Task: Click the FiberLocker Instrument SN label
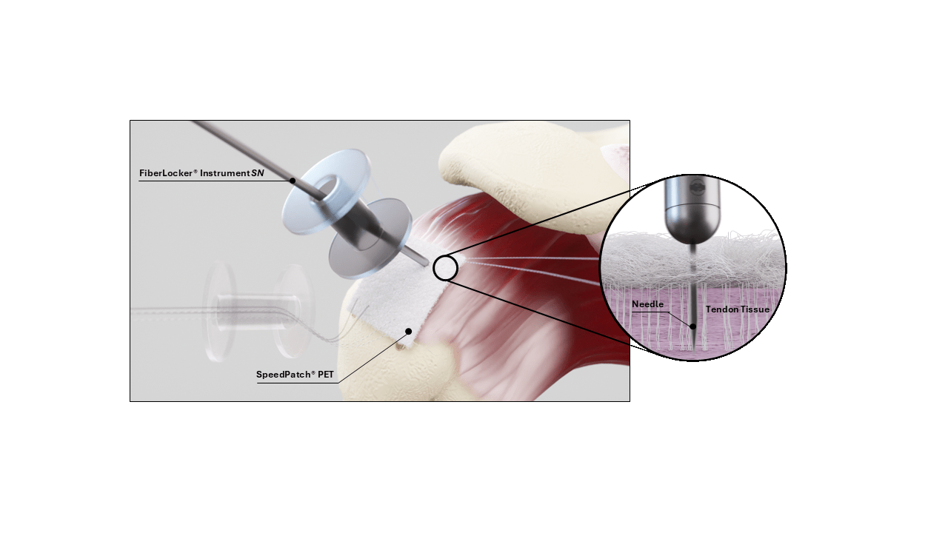pyautogui.click(x=201, y=173)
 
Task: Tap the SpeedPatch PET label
pyautogui.click(x=295, y=375)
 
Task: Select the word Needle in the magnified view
pyautogui.click(x=647, y=304)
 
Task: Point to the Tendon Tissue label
pyautogui.click(x=738, y=309)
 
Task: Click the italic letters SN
pyautogui.click(x=258, y=173)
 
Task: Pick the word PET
pyautogui.click(x=325, y=375)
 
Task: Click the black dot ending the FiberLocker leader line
pyautogui.click(x=293, y=180)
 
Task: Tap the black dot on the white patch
pyautogui.click(x=408, y=331)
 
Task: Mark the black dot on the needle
pyautogui.click(x=692, y=326)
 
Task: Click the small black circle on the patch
pyautogui.click(x=445, y=268)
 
